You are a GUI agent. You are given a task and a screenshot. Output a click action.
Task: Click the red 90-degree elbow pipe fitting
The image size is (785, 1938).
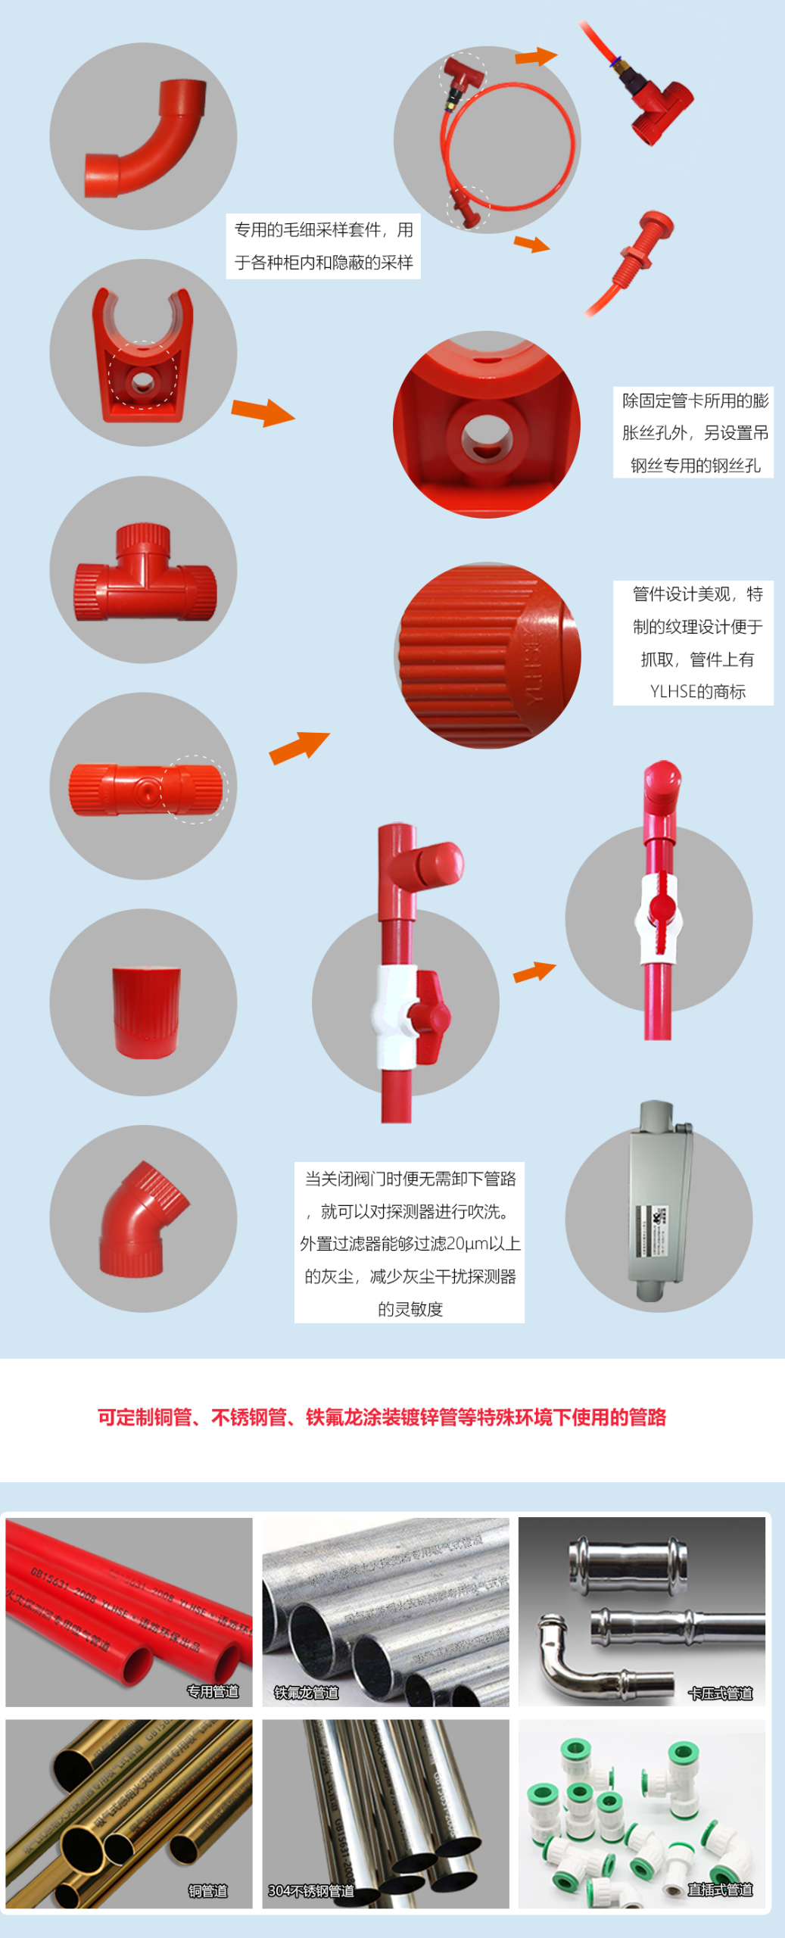[x=144, y=140]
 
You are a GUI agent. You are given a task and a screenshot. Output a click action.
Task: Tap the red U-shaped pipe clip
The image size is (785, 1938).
[x=142, y=356]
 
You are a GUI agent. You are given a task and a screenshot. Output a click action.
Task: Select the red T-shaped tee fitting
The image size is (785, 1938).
[x=144, y=572]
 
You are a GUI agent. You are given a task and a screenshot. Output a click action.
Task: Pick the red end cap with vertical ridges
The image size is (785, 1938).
[x=145, y=1011]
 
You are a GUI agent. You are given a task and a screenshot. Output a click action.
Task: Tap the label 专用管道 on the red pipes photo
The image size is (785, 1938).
[x=213, y=1691]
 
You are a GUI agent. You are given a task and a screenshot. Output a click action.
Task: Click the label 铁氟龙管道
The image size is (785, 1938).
[x=306, y=1692]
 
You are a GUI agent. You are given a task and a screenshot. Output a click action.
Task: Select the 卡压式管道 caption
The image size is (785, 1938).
[x=720, y=1693]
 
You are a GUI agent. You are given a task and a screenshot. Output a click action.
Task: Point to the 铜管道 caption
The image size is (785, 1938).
[x=207, y=1890]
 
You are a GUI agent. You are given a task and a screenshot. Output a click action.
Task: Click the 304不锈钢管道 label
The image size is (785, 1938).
[x=311, y=1890]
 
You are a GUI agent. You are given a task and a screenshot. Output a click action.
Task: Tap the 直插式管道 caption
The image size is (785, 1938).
[x=720, y=1890]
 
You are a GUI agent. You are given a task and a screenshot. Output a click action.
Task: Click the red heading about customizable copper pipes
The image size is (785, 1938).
[x=382, y=1417]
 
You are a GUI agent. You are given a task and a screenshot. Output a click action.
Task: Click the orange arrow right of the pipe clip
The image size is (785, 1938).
[x=262, y=413]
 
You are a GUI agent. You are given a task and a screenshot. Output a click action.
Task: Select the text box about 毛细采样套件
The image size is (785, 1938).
[x=323, y=246]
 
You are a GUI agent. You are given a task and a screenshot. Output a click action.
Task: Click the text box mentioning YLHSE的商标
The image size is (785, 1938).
[x=693, y=643]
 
